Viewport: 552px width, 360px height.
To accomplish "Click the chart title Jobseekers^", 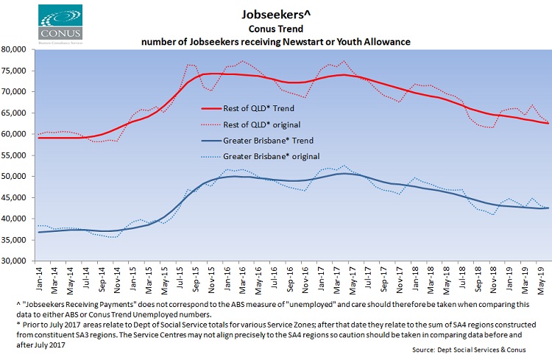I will pos(275,14).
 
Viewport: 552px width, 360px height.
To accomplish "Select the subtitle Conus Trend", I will pos(275,29).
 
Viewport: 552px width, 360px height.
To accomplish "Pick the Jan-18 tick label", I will pos(416,278).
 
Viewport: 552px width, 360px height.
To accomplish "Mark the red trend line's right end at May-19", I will pos(547,123).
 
